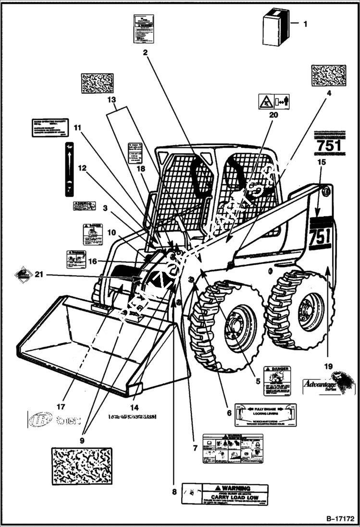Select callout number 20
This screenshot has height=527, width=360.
point(273,115)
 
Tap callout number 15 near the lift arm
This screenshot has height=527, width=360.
point(322,162)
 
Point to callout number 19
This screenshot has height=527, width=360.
point(328,366)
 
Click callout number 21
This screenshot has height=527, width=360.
point(39,274)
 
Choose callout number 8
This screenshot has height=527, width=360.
point(174,491)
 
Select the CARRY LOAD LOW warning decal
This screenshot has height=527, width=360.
point(225,494)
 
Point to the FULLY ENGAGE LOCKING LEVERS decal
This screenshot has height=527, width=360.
point(265,415)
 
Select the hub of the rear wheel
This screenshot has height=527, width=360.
point(306,314)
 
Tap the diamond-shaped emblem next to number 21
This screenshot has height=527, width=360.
point(23,275)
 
